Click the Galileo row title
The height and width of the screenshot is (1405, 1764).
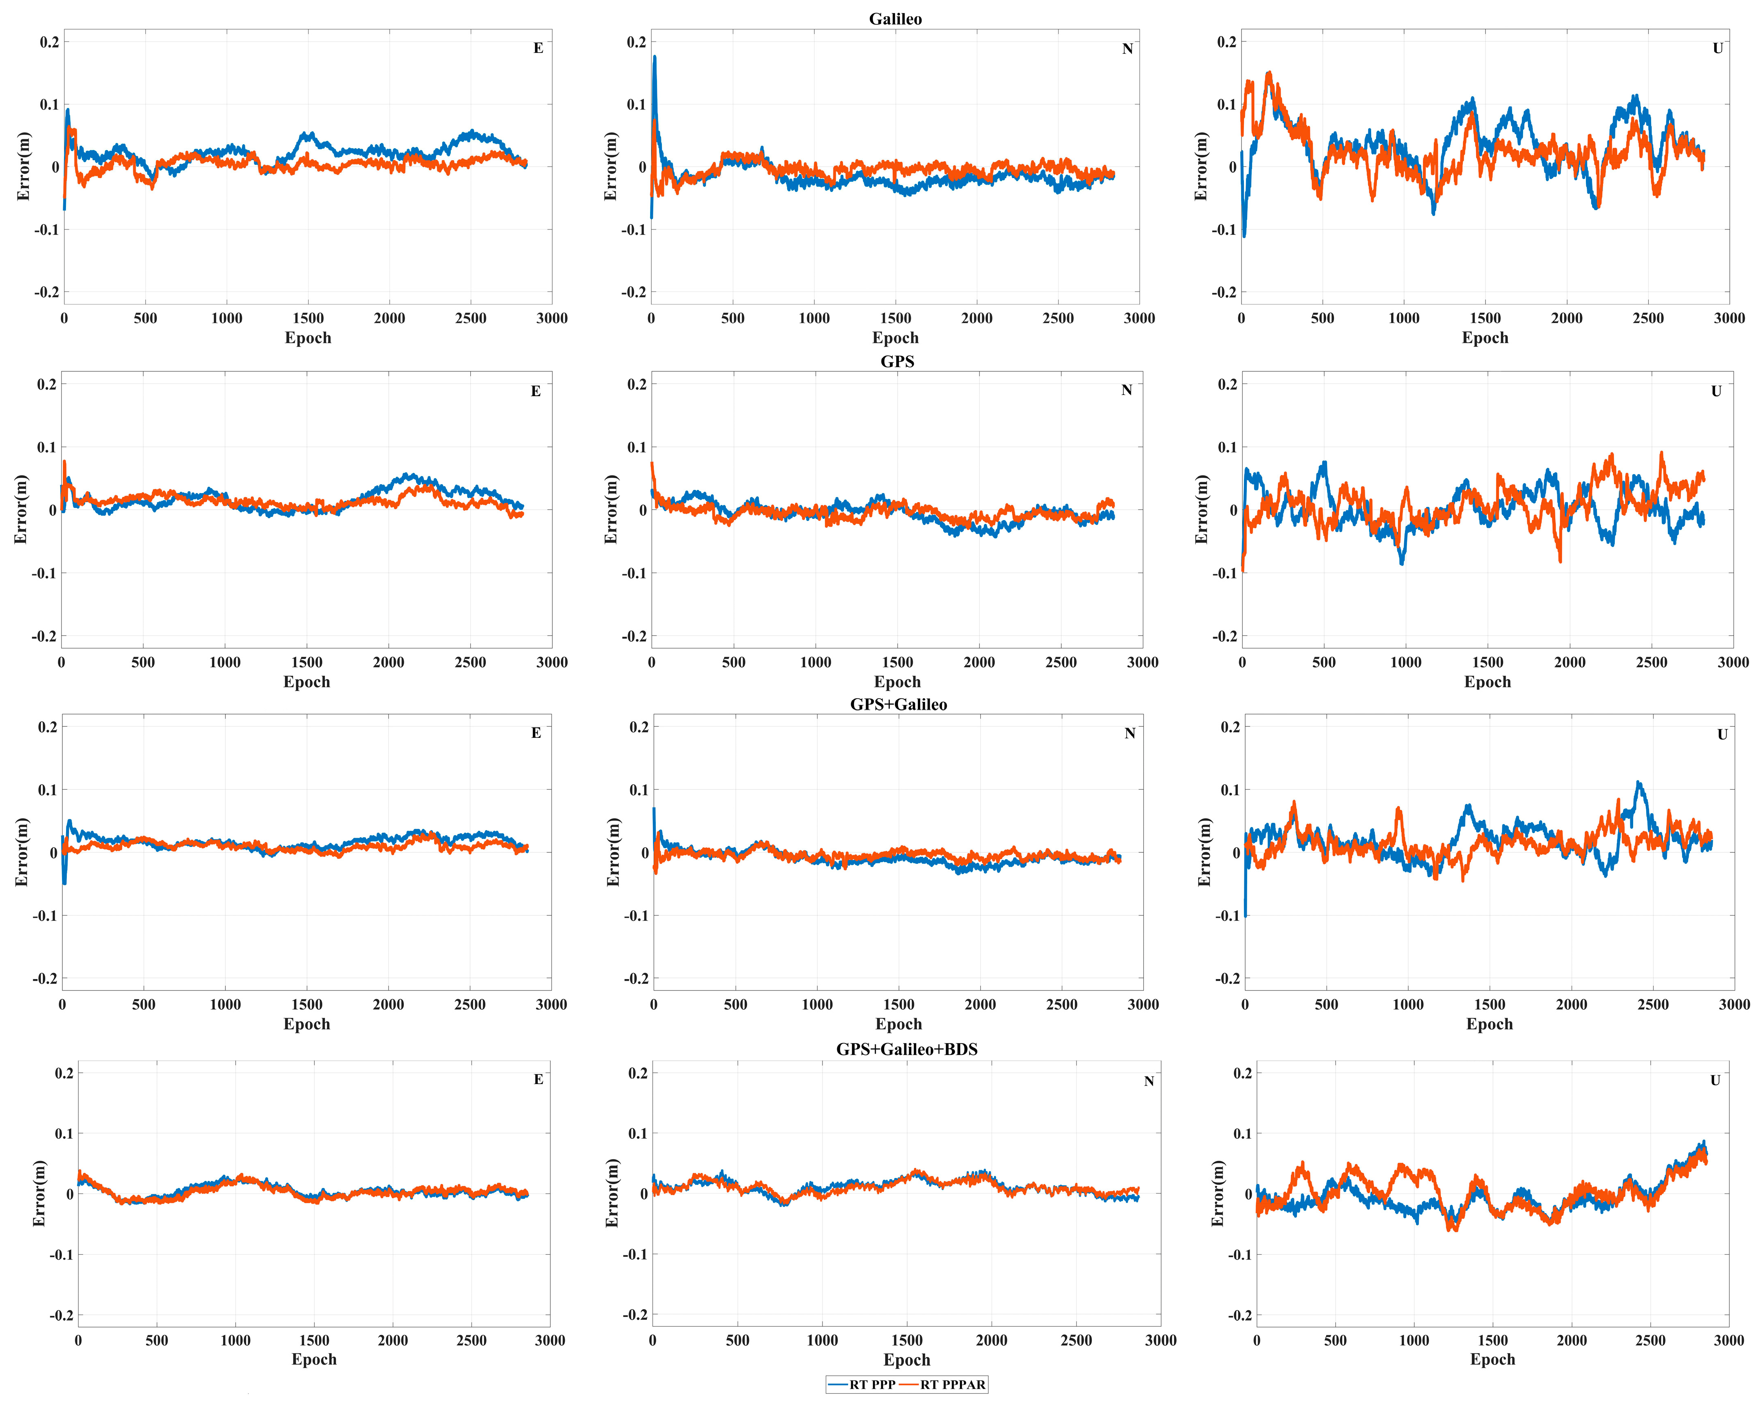[x=895, y=19]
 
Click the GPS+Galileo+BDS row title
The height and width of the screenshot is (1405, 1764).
[x=906, y=1049]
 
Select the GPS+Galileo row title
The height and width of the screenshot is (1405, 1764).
[x=898, y=705]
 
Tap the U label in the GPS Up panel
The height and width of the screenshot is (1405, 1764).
[x=1716, y=391]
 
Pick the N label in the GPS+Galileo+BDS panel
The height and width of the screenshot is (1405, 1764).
[x=1149, y=1081]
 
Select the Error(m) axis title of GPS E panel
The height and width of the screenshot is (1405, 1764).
[x=20, y=509]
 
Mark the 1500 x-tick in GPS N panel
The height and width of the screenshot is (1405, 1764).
[x=897, y=662]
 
